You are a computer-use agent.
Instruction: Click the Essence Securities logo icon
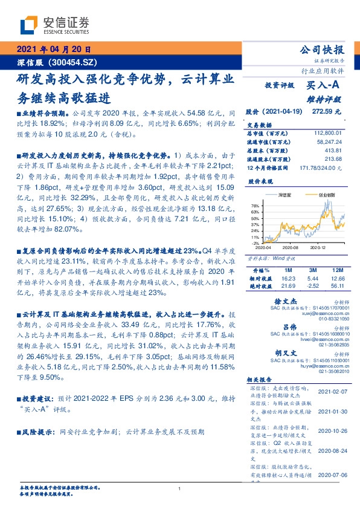click(x=28, y=25)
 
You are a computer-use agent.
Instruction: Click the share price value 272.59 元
click(x=326, y=112)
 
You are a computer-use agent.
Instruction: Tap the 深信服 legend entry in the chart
click(x=286, y=196)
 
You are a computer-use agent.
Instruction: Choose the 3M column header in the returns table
click(x=312, y=269)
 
